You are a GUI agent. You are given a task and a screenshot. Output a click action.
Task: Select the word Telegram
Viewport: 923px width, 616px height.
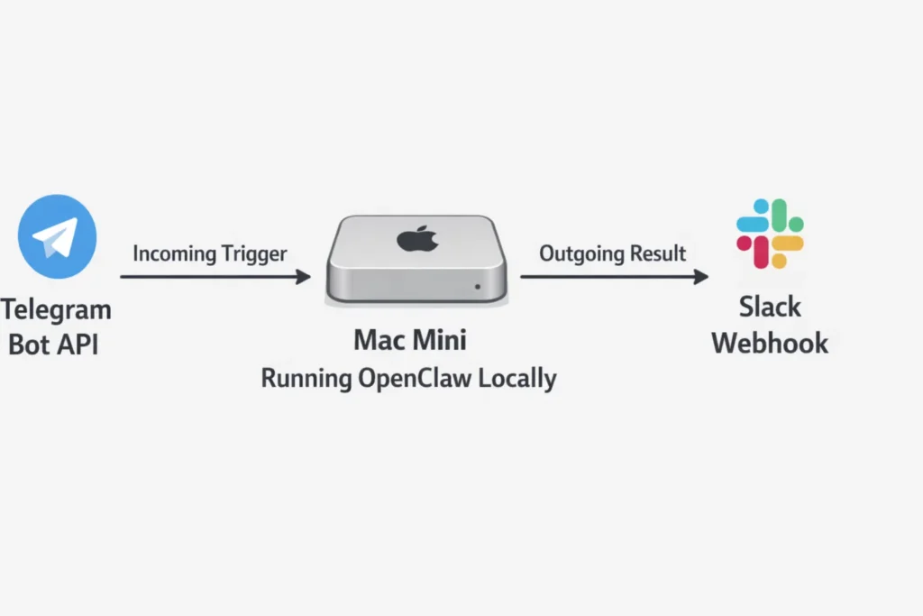coord(56,309)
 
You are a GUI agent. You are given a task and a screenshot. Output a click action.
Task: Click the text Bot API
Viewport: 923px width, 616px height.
coord(53,344)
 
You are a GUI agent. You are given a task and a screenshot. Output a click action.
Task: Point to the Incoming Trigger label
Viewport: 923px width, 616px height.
coord(209,253)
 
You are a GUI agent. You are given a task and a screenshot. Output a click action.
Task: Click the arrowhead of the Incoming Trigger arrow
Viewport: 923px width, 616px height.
coord(305,277)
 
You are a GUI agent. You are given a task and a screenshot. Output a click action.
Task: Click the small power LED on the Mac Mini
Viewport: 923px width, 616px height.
coord(477,288)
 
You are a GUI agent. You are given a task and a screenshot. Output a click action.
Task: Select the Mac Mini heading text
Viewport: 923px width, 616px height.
coord(410,340)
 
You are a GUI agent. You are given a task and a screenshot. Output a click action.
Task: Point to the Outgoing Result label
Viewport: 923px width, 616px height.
coord(613,253)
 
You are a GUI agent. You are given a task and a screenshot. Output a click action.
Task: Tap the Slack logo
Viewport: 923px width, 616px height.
coord(769,234)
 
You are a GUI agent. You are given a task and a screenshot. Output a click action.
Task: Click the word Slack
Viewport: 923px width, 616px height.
coord(770,307)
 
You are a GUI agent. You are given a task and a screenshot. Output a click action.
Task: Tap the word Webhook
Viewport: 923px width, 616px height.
coord(770,343)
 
